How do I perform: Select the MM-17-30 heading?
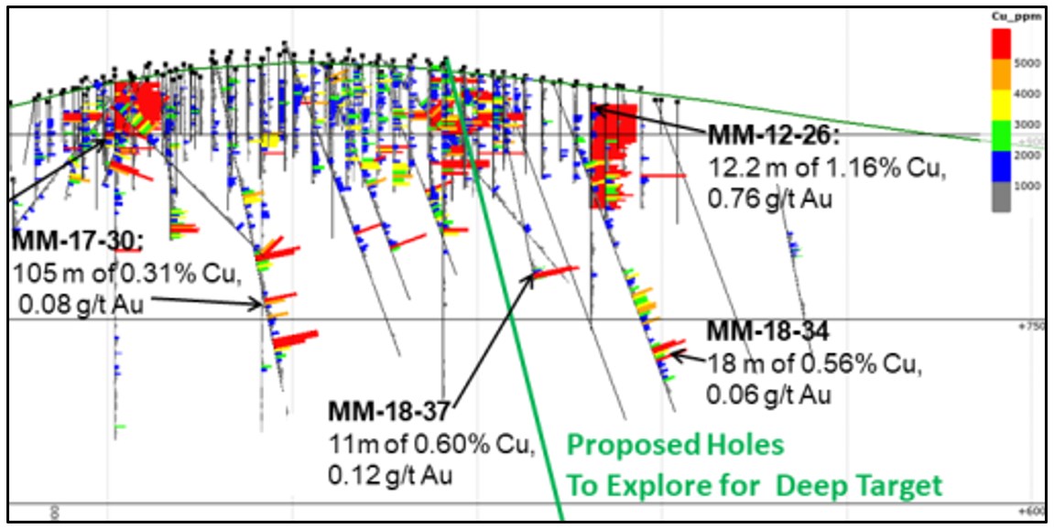click(77, 241)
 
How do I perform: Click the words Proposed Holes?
click(676, 446)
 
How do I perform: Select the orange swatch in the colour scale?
click(1003, 74)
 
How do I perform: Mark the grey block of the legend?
click(1003, 197)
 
